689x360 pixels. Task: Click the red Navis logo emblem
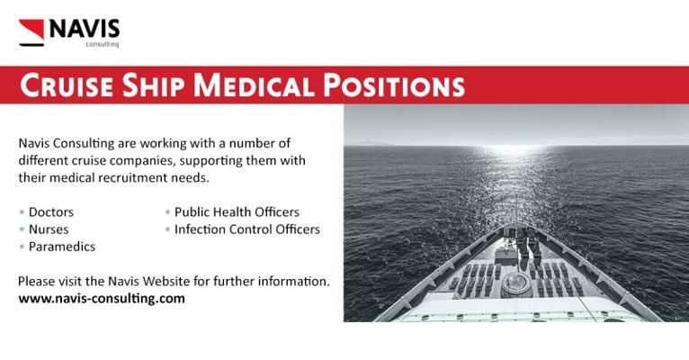31,32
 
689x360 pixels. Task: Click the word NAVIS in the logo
85,29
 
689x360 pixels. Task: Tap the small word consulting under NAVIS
103,44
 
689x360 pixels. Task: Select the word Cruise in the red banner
67,85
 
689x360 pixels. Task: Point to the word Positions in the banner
394,85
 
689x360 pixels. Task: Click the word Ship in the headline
153,85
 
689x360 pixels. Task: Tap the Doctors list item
51,211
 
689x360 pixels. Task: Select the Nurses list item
49,229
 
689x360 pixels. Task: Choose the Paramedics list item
62,247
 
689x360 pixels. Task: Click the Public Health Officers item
237,211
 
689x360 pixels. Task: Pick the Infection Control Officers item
247,229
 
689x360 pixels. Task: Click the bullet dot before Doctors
22,212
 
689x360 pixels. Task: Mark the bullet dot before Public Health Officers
168,212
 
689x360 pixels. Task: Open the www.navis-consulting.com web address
102,299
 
